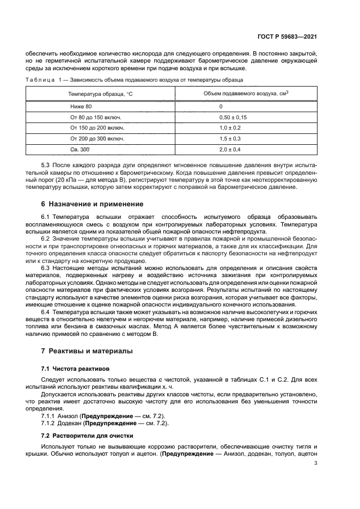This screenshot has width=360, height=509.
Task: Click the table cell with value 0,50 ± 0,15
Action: [x=233, y=117]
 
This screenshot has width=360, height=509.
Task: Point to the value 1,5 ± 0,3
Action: [x=230, y=138]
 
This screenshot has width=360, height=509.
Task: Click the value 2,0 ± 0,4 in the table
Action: [x=230, y=149]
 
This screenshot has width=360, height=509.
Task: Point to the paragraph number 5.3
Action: [x=46, y=164]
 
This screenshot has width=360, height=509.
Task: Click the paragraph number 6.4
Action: [x=46, y=311]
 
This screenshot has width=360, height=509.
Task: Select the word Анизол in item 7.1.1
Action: [x=69, y=415]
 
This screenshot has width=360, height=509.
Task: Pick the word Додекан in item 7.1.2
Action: [x=71, y=423]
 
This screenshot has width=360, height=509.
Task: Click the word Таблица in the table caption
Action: [x=38, y=80]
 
